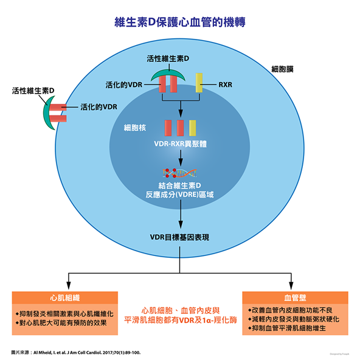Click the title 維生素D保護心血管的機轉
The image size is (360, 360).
180,22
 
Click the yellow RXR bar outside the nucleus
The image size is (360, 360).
199,83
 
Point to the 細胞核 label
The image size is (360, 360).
134,128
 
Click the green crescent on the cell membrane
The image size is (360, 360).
48,111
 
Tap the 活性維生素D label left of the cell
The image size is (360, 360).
33,91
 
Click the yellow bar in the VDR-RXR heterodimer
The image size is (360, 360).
193,128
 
